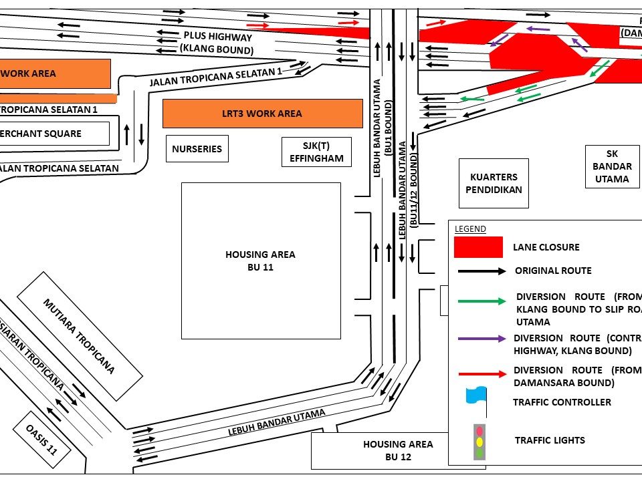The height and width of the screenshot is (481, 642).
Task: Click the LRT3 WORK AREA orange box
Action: click(x=261, y=114)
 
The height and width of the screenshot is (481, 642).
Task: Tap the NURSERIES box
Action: click(x=197, y=148)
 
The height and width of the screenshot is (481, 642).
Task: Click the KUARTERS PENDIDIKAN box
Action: click(x=494, y=183)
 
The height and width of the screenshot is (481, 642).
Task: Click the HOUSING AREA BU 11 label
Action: click(x=260, y=261)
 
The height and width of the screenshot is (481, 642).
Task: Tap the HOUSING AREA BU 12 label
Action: click(x=398, y=450)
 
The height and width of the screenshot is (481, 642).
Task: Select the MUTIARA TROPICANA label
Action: click(x=79, y=335)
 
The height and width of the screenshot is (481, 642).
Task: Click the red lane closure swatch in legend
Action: click(x=478, y=247)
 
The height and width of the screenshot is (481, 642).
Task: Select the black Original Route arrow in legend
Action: click(x=481, y=271)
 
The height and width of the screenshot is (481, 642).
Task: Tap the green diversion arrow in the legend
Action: click(x=481, y=301)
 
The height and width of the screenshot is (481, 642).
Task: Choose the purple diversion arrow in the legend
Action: click(x=481, y=339)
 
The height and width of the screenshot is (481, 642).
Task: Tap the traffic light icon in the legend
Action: click(x=478, y=441)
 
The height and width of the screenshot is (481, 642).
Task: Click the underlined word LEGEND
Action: click(x=470, y=228)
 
